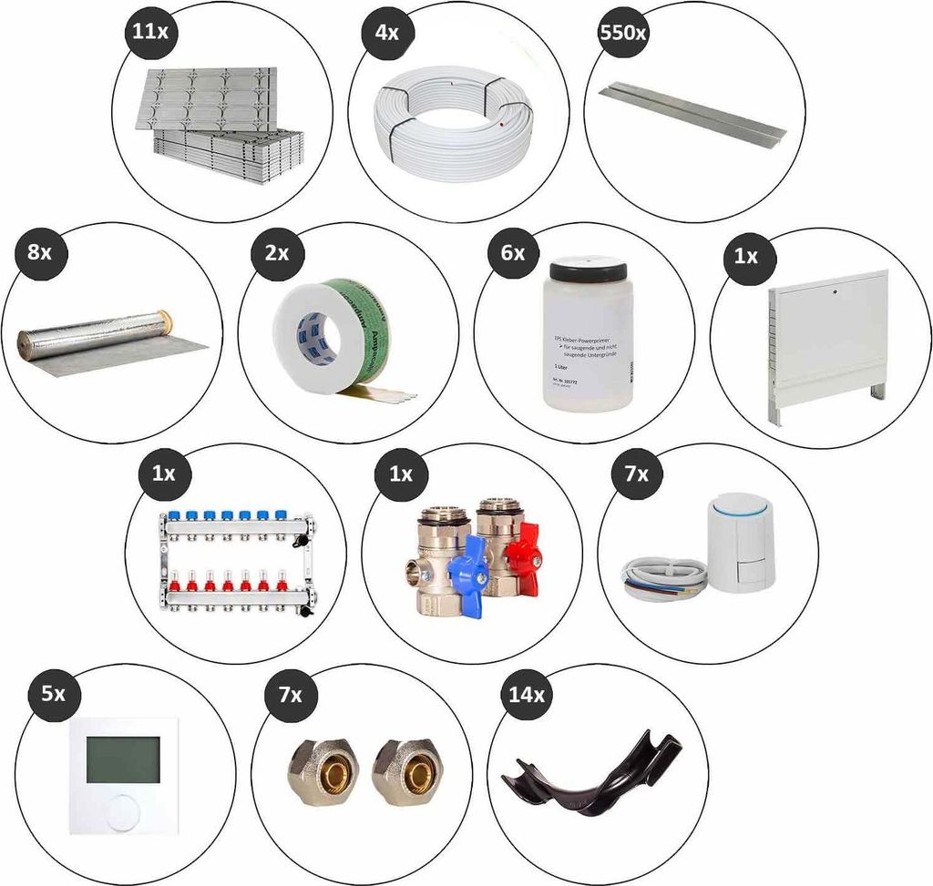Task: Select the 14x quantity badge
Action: [526, 696]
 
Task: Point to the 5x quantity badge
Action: [53, 694]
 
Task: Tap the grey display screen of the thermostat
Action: [122, 758]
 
